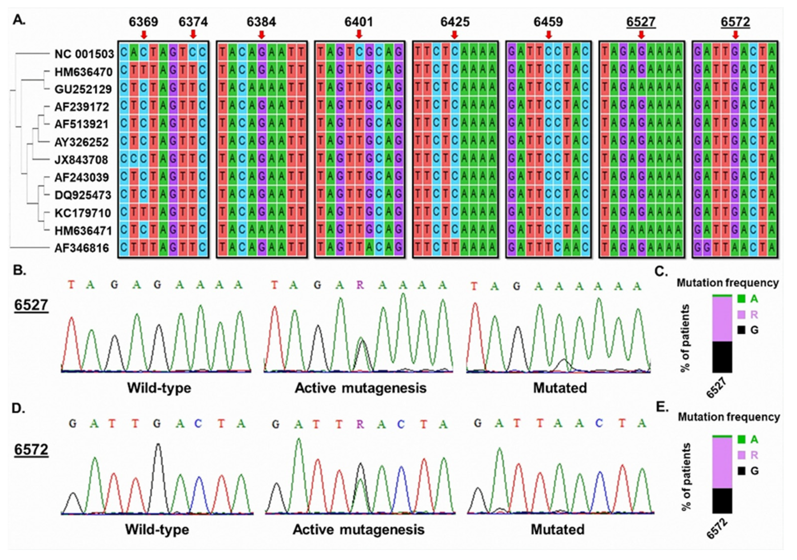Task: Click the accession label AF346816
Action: pos(82,248)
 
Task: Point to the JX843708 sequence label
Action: pos(81,160)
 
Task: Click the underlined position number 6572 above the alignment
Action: pos(735,22)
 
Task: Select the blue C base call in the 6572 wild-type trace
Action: pos(198,424)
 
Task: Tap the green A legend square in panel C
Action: pos(741,299)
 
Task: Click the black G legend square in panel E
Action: pos(741,471)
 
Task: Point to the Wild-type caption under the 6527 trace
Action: pos(159,388)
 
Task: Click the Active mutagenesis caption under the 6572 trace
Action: pos(359,530)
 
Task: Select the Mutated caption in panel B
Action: pos(560,388)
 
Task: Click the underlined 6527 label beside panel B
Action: pos(31,305)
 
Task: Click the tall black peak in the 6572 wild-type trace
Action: pos(158,451)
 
